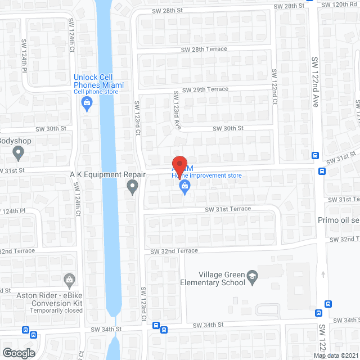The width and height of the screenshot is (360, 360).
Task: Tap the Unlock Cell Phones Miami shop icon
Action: (87, 102)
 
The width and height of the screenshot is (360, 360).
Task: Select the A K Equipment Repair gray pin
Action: (132, 186)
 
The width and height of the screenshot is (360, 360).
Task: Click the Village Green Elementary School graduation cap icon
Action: (253, 276)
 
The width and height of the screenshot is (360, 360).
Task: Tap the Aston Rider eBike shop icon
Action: (69, 280)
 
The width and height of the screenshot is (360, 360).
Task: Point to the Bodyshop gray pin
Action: (19, 152)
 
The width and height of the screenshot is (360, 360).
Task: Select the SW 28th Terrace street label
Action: (204, 49)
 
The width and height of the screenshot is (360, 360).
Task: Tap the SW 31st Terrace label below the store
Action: (228, 209)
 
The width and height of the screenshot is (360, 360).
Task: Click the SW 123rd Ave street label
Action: (176, 109)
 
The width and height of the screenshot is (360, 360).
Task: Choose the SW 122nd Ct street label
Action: (274, 87)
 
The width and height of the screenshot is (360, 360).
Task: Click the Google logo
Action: (19, 353)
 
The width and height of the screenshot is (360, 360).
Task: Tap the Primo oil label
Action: (338, 220)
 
